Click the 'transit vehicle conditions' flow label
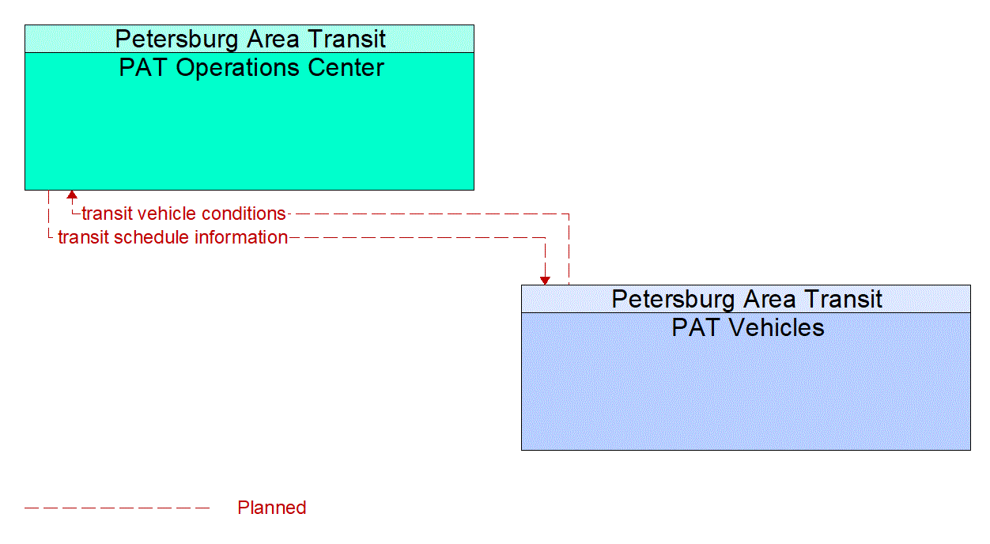click(x=183, y=213)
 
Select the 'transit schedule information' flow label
click(x=172, y=237)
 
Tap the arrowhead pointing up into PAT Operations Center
click(x=72, y=195)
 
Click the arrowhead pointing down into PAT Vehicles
click(x=545, y=280)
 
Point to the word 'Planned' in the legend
click(x=271, y=508)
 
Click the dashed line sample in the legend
click(x=117, y=508)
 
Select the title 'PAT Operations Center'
click(x=251, y=68)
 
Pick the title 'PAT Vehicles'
click(x=747, y=327)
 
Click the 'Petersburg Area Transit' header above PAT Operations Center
click(x=250, y=39)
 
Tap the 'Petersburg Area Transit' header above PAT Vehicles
click(x=746, y=299)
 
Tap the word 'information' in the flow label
click(x=241, y=237)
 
